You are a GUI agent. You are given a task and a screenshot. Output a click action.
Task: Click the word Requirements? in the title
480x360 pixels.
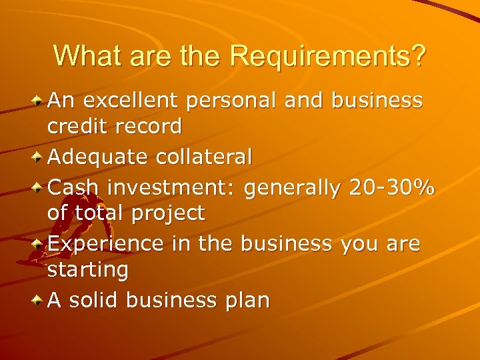pyautogui.click(x=327, y=56)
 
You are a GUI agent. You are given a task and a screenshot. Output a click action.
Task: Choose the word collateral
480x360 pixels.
pyautogui.click(x=205, y=157)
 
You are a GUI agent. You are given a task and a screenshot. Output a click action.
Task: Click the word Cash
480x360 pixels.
pyautogui.click(x=72, y=187)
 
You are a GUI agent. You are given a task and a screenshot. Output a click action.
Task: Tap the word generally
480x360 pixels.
pyautogui.click(x=293, y=189)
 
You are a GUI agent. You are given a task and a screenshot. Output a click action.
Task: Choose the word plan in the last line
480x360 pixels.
pyautogui.click(x=246, y=301)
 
